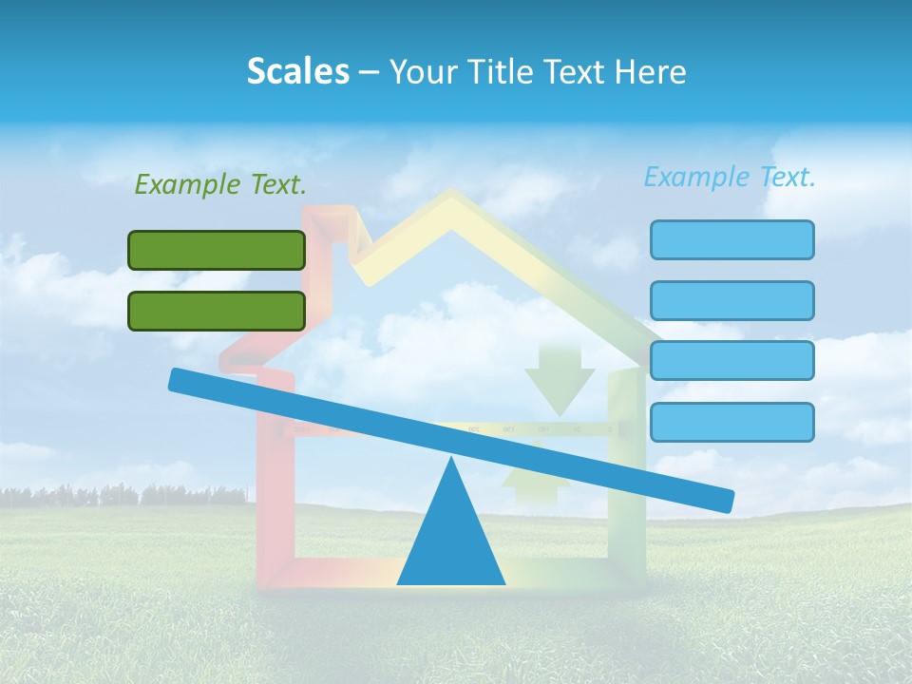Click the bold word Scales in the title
pos(297,71)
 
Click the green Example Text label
pos(220,185)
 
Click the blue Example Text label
pos(730,177)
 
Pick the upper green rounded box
pos(217,250)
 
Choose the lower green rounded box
pos(217,311)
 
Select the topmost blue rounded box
pos(731,239)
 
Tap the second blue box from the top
pos(731,300)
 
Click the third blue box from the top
pos(731,360)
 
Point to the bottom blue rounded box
pos(731,422)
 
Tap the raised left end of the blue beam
pos(180,380)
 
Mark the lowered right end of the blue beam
pos(722,499)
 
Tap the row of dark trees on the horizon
pos(123,496)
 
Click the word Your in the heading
pos(418,71)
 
